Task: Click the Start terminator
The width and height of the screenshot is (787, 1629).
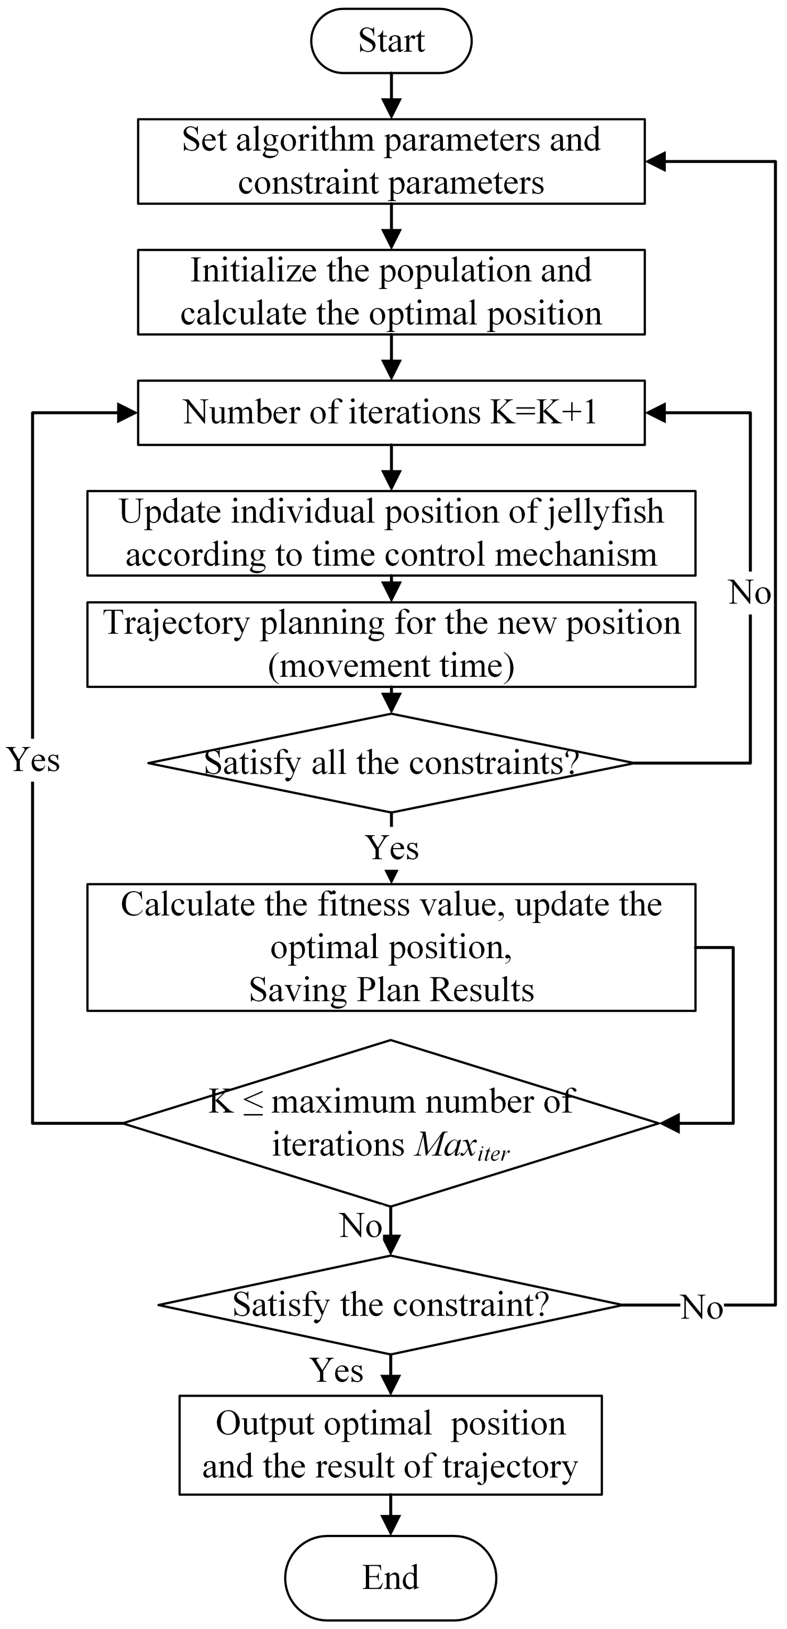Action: tap(391, 40)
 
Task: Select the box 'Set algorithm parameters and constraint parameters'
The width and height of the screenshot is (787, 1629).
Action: tap(391, 161)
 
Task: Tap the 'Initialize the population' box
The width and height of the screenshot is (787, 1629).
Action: tap(391, 292)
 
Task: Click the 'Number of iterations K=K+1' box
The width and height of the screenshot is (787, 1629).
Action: tap(391, 412)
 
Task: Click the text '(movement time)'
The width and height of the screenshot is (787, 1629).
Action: tap(391, 666)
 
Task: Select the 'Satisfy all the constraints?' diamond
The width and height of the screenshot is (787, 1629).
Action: tap(391, 763)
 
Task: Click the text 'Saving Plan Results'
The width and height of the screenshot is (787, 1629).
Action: tap(391, 990)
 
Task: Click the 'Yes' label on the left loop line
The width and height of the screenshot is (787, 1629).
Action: tap(33, 760)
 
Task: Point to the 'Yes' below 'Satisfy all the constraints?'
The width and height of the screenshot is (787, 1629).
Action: tap(392, 847)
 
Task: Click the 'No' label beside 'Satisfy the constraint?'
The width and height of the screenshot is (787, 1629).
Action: tap(702, 1307)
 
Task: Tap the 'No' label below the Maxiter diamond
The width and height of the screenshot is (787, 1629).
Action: tap(361, 1226)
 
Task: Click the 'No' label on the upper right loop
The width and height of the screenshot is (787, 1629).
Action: tap(749, 593)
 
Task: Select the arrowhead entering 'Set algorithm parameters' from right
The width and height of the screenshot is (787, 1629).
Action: tap(655, 161)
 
